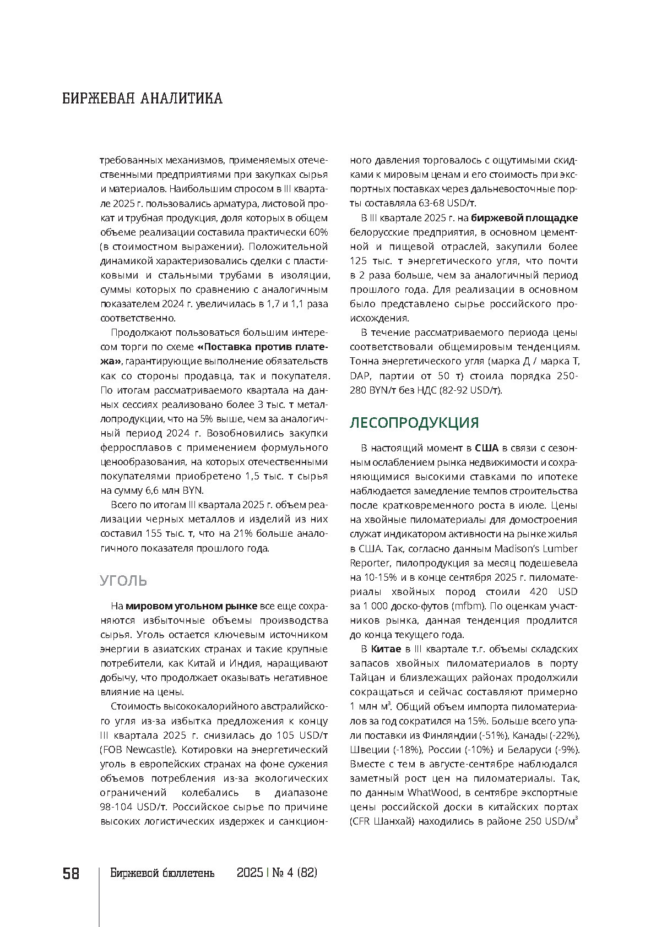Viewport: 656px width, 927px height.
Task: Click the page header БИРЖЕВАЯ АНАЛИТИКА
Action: tap(142, 99)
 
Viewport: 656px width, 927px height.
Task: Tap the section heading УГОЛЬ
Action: tap(123, 581)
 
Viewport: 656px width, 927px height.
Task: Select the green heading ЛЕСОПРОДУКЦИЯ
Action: tap(414, 423)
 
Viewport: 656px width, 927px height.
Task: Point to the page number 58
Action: tap(71, 874)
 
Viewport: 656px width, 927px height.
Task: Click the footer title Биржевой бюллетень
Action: tap(162, 874)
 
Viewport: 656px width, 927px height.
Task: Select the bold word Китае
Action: tap(386, 649)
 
